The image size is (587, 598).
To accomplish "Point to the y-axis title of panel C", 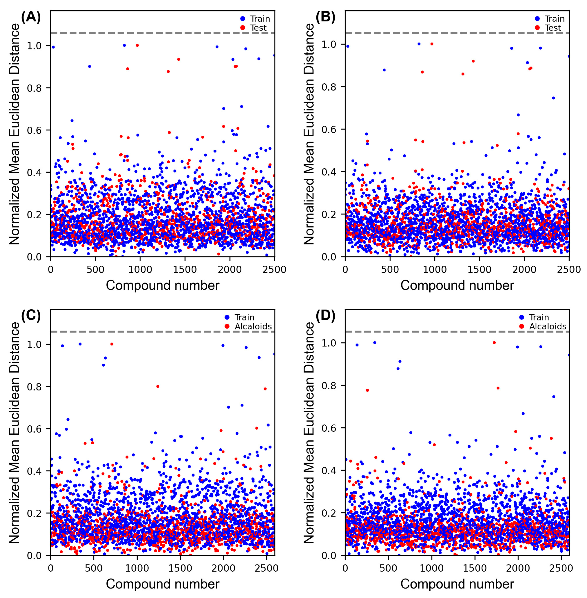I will pos(14,432).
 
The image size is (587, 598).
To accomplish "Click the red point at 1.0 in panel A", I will pos(137,45).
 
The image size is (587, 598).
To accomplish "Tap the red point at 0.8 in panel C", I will pos(157,386).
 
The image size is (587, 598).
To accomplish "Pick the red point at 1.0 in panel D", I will pos(494,342).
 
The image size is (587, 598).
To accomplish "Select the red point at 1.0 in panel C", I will pos(112,344).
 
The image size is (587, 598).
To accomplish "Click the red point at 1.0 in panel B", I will pos(432,44).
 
